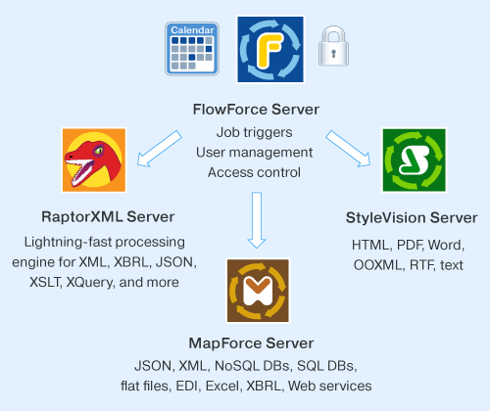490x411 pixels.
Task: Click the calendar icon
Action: coord(192,49)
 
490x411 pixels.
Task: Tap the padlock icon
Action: coord(333,46)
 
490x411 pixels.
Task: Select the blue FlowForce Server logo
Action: coord(270,49)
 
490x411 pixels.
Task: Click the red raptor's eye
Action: coord(98,151)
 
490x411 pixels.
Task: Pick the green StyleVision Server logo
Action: coord(414,160)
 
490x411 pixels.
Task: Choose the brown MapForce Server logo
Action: coord(258,291)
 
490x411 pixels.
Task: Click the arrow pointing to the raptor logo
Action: coord(159,149)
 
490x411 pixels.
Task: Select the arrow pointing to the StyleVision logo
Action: coord(348,149)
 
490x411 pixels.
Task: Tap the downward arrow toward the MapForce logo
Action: coord(257,220)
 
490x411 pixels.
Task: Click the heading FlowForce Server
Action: coord(256,110)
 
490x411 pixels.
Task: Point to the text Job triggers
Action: coord(254,133)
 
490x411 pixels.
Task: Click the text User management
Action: coord(254,153)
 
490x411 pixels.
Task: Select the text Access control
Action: coord(254,172)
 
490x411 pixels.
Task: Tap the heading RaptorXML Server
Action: coord(108,217)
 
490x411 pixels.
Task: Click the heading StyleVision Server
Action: coord(412,218)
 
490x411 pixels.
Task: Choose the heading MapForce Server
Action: coord(251,343)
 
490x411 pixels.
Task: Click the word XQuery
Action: coord(90,283)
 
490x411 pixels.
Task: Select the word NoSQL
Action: coord(238,366)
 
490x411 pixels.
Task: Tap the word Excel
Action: coord(223,386)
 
